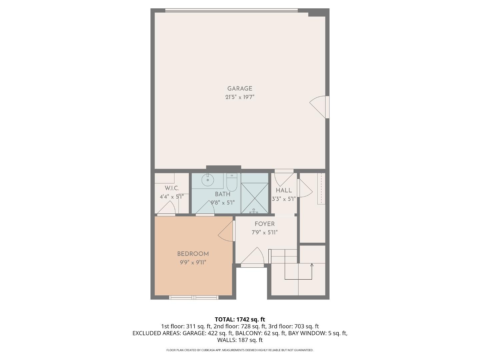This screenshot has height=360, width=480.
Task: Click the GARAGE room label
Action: (x=240, y=89)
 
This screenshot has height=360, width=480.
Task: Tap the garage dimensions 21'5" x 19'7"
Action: (x=240, y=97)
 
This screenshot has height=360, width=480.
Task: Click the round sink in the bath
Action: (x=208, y=180)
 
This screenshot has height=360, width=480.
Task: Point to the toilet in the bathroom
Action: (x=231, y=182)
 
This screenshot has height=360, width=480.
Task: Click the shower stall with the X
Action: (x=254, y=193)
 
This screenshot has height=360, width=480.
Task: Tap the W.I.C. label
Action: (x=172, y=188)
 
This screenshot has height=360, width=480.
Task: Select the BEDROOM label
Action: (x=193, y=254)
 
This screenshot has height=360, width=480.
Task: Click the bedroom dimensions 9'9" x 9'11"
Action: (x=193, y=262)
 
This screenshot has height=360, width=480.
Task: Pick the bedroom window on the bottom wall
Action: (x=194, y=297)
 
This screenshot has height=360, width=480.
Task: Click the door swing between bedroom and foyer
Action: (x=227, y=231)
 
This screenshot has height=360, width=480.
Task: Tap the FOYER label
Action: (x=265, y=224)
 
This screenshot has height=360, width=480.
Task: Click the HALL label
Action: (x=284, y=190)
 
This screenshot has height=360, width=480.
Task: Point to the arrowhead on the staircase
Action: (x=312, y=265)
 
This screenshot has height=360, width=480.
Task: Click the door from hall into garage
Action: (x=283, y=178)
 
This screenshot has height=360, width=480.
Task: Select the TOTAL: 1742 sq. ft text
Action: (x=240, y=320)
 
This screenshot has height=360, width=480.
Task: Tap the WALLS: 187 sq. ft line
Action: (x=240, y=340)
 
